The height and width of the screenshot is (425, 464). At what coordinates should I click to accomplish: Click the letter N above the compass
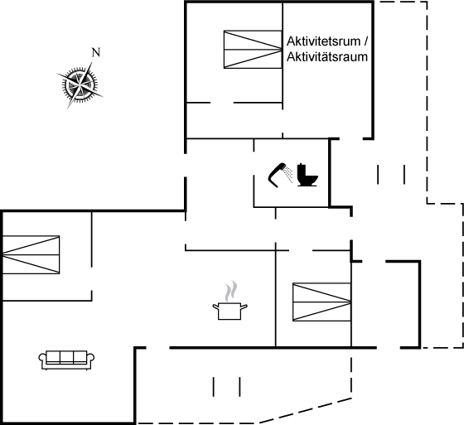[x=96, y=52]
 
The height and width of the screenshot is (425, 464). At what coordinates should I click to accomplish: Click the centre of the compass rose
[x=80, y=85]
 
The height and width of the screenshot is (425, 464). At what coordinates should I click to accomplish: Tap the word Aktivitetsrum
[x=323, y=41]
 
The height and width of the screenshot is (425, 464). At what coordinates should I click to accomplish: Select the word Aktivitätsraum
[x=327, y=57]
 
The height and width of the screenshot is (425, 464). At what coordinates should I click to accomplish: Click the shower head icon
[x=278, y=175]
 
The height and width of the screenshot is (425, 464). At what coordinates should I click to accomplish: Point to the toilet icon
[x=307, y=175]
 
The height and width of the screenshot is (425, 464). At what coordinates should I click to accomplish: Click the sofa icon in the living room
[x=66, y=360]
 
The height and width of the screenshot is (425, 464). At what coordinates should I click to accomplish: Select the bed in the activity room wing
[x=253, y=50]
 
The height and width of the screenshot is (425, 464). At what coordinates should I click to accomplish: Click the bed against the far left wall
[x=31, y=254]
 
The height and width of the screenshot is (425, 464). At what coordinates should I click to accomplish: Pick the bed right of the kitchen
[x=321, y=302]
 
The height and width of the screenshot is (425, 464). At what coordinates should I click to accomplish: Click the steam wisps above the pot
[x=231, y=292]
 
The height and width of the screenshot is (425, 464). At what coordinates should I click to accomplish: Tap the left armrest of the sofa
[x=42, y=359]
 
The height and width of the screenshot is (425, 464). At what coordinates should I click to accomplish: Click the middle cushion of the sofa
[x=66, y=356]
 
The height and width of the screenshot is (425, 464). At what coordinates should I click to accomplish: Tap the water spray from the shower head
[x=288, y=174]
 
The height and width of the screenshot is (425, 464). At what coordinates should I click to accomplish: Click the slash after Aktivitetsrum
[x=365, y=41]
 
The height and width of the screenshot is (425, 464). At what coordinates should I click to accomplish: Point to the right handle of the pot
[x=244, y=307]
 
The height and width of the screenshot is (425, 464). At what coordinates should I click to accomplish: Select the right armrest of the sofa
[x=90, y=359]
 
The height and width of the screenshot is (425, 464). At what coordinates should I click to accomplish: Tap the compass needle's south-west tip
[x=68, y=108]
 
